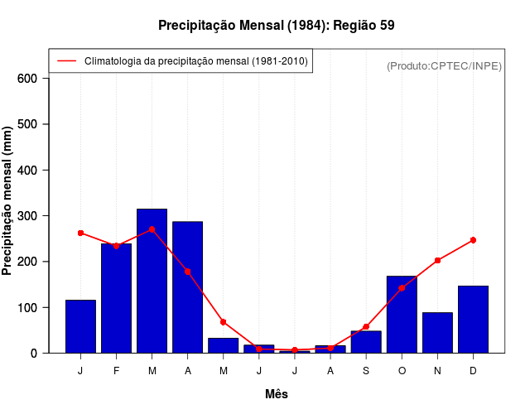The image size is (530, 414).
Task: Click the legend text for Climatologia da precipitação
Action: (195, 61)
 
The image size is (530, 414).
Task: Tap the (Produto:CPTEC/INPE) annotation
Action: (444, 65)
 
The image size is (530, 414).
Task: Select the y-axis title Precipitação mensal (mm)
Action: (8, 201)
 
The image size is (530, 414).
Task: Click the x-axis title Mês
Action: (277, 394)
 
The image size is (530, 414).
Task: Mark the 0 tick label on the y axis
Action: (34, 354)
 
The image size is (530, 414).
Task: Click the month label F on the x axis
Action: (117, 371)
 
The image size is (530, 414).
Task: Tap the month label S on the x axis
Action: (366, 371)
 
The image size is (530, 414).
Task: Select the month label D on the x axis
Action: (473, 371)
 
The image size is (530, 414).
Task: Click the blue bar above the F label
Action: (117, 298)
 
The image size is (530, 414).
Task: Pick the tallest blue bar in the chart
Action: (152, 282)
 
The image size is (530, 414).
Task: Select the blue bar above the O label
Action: (402, 315)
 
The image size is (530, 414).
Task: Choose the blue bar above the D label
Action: (473, 320)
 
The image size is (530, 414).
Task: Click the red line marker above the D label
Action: (473, 240)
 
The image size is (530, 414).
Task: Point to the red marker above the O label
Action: (402, 288)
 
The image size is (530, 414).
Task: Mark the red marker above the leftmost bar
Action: (80, 233)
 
